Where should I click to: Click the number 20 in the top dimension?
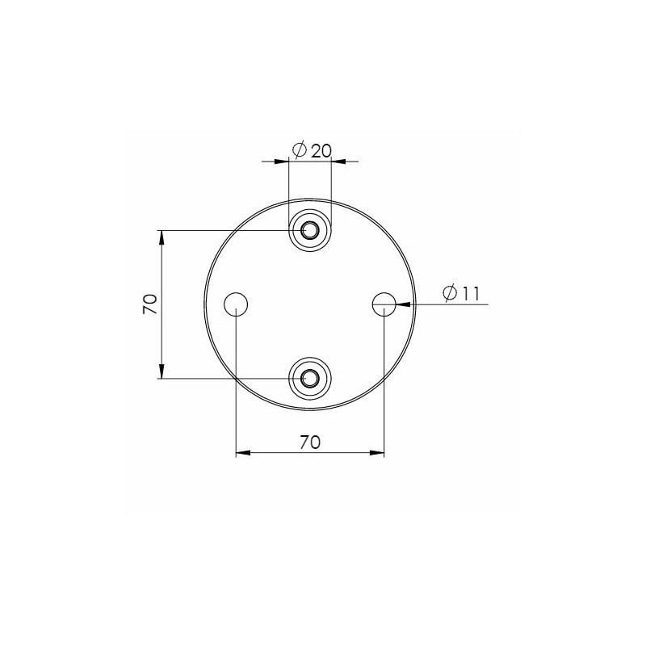(321, 150)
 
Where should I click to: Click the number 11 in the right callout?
(469, 293)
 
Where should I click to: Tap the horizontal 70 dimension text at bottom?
(310, 442)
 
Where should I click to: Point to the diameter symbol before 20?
(298, 150)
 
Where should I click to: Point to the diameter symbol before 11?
(451, 293)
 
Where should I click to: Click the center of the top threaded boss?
(310, 231)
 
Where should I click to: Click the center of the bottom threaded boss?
(310, 377)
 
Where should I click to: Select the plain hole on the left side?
(235, 304)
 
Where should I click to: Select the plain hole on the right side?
(384, 304)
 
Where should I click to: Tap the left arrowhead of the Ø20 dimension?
(283, 161)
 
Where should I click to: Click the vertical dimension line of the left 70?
(163, 339)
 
